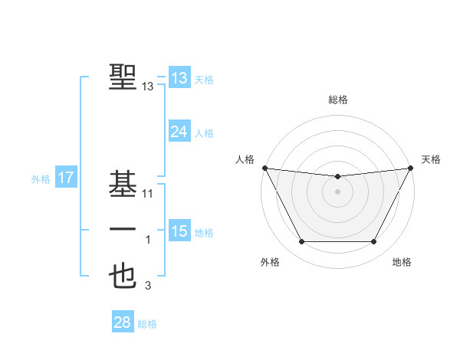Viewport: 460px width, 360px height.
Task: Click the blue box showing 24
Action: pyautogui.click(x=179, y=132)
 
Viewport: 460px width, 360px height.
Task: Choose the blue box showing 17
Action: pyautogui.click(x=66, y=178)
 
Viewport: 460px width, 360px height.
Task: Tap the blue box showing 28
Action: pyautogui.click(x=123, y=322)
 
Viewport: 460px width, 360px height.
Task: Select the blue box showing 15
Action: pyautogui.click(x=179, y=231)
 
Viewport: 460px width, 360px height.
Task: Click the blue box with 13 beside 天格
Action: pyautogui.click(x=179, y=78)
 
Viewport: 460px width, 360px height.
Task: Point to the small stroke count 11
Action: pyautogui.click(x=149, y=194)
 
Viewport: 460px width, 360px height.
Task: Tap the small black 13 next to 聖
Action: pyautogui.click(x=149, y=87)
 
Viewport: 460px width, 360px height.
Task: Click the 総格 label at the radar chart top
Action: pyautogui.click(x=337, y=100)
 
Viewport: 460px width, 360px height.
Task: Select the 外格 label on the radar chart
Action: pyautogui.click(x=270, y=262)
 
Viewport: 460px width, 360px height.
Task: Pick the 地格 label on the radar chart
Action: pyautogui.click(x=402, y=262)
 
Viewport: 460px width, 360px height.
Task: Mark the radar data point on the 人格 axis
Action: pyautogui.click(x=264, y=168)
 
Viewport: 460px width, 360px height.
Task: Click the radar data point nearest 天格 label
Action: pyautogui.click(x=410, y=168)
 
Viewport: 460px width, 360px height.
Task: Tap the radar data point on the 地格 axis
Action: pyautogui.click(x=374, y=242)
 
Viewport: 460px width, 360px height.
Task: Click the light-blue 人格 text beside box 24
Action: pyautogui.click(x=204, y=133)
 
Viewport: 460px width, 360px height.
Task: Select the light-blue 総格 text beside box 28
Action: pyautogui.click(x=147, y=324)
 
